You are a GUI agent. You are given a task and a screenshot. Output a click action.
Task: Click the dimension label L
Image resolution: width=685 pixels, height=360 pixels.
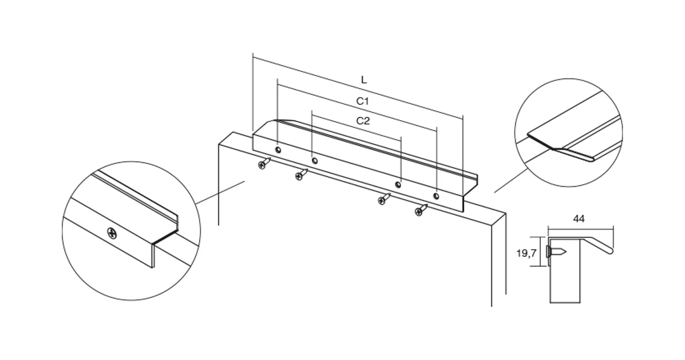pos(364,80)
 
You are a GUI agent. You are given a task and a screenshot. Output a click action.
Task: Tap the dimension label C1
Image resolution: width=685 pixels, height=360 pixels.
pos(363,102)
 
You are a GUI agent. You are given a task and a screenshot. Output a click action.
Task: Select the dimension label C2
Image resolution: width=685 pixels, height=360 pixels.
pos(363,121)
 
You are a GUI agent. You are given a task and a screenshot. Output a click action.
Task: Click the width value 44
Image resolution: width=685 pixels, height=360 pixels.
pos(578,218)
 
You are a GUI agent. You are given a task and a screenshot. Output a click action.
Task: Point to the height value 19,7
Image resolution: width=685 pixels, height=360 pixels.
pos(526,253)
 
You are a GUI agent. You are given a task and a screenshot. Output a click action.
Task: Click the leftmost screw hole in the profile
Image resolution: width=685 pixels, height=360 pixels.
pos(278,150)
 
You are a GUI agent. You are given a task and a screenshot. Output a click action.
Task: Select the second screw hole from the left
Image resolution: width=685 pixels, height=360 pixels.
pos(315,161)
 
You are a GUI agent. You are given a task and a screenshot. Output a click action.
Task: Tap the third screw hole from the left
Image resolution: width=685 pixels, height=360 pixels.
pos(397,185)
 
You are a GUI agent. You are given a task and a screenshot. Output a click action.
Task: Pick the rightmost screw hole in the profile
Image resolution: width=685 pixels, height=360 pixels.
pos(436,195)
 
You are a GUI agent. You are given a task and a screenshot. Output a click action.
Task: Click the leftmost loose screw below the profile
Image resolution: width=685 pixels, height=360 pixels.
pos(264,163)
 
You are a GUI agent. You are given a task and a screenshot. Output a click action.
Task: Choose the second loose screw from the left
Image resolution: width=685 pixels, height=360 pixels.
pos(301,175)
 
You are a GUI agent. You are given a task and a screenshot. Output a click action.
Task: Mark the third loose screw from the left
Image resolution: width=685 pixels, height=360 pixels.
pos(384,199)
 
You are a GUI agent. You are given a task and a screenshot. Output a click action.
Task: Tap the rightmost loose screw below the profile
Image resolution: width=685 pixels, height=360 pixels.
pos(420,210)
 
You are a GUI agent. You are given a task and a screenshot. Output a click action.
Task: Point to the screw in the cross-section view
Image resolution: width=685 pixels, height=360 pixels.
pos(556,252)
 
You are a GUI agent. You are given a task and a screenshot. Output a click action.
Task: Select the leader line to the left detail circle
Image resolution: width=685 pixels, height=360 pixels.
pos(220,192)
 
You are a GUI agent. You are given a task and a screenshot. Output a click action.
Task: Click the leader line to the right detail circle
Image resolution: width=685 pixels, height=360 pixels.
pos(511,180)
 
